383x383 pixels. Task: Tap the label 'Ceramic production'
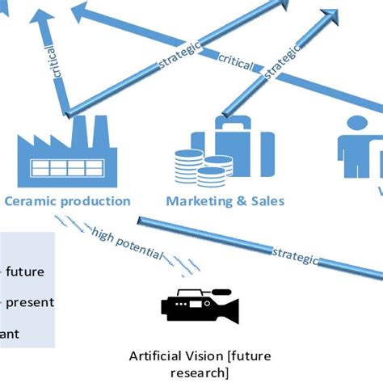[x=67, y=200]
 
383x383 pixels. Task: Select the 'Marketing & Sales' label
[x=225, y=200]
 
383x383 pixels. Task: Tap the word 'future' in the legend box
[x=28, y=271]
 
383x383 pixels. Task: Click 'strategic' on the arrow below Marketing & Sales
[x=297, y=257]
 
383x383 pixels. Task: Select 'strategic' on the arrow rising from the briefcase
[x=283, y=64]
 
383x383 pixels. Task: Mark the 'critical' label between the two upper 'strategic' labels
[x=236, y=59]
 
